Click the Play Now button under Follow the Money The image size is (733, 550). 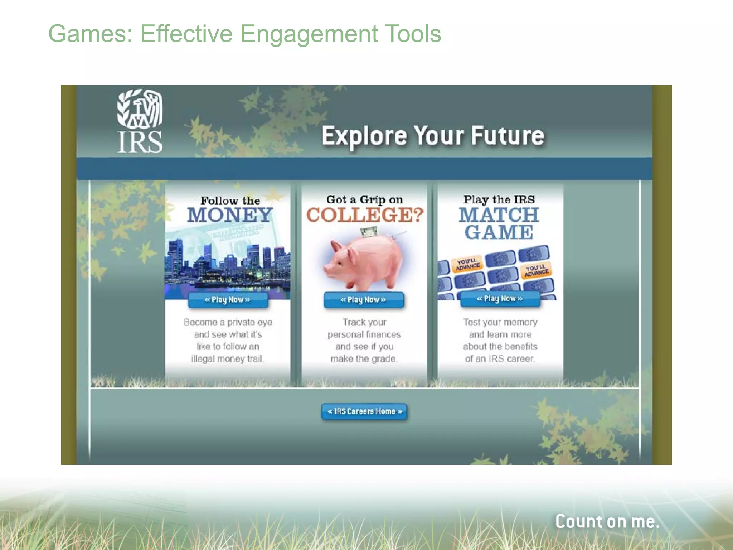point(228,300)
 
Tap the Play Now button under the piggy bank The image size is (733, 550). point(364,300)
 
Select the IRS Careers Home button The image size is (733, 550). point(364,411)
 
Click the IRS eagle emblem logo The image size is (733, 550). point(140,108)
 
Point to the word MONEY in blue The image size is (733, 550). point(230,215)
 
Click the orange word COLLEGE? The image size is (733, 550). point(365,215)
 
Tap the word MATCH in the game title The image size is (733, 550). point(499,215)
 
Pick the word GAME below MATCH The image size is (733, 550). point(499,232)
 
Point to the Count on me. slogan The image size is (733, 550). point(607,521)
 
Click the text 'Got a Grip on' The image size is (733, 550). point(364,199)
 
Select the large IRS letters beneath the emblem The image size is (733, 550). point(140,142)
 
